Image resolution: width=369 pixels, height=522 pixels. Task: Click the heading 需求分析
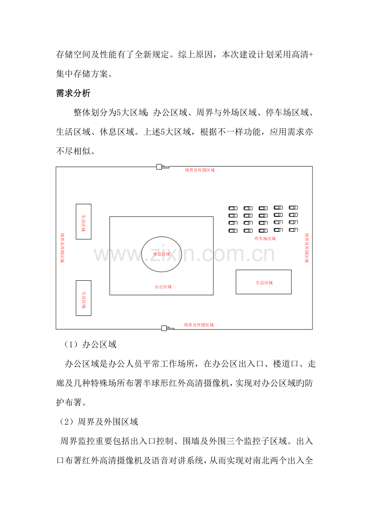point(73,93)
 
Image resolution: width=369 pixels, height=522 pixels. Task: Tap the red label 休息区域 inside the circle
point(162,254)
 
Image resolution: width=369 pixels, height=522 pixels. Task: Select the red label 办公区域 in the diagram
point(163,287)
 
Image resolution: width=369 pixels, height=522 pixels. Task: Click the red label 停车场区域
point(265,239)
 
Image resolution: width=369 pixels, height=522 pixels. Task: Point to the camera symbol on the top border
point(162,167)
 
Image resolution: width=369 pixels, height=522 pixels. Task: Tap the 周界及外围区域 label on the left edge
point(62,248)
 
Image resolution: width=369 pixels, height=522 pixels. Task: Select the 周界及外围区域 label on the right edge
point(307,248)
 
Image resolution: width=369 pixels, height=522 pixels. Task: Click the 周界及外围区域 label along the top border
point(200,170)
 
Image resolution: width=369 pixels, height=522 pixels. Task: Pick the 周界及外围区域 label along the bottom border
point(199,325)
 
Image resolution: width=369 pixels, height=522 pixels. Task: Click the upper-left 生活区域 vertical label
point(83,223)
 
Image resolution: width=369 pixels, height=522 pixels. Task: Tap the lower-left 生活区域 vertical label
point(84,299)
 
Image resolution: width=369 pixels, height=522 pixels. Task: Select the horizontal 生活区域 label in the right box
point(264,283)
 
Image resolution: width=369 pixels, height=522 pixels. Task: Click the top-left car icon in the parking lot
point(233,208)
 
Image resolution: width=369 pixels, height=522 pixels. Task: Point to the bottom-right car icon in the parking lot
point(293,230)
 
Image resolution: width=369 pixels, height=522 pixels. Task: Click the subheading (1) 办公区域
point(90,344)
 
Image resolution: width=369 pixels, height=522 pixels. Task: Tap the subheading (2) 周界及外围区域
point(99,422)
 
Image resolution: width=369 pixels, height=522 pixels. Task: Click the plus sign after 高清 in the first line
point(311,55)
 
